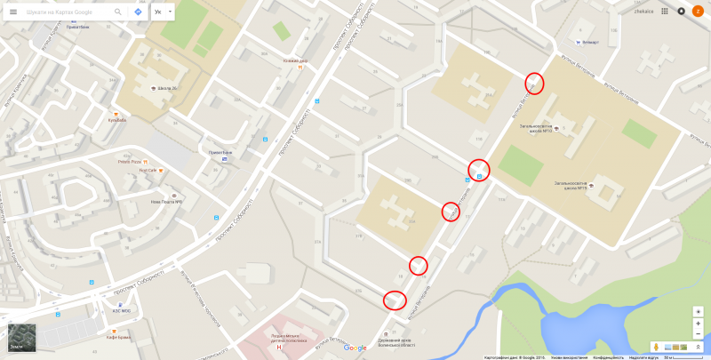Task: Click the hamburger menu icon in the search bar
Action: pos(12,12)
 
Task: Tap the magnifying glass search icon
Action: pos(118,12)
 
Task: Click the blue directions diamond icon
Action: pos(138,12)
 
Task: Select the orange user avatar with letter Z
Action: pos(698,11)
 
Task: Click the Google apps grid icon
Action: pos(665,11)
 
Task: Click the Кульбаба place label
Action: pos(116,119)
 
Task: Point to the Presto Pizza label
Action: pos(130,162)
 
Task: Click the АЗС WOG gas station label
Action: pos(122,310)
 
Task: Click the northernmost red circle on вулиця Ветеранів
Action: pos(535,84)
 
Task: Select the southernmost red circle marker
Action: pos(394,300)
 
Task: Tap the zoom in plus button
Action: pos(699,312)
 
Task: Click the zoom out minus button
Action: pos(699,324)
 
